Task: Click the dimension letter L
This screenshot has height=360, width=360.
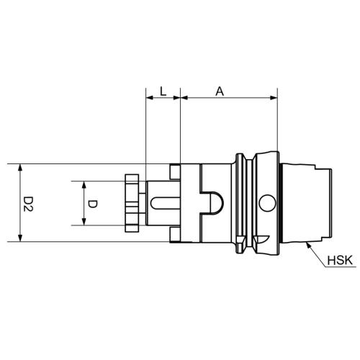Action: click(x=163, y=91)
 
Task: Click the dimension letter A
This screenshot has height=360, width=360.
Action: click(x=219, y=91)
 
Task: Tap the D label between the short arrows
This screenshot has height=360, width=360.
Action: click(x=92, y=204)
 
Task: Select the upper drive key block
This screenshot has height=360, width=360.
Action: click(x=175, y=171)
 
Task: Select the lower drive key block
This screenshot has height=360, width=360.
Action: click(x=175, y=236)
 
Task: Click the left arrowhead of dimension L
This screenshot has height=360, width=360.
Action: click(x=148, y=98)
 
